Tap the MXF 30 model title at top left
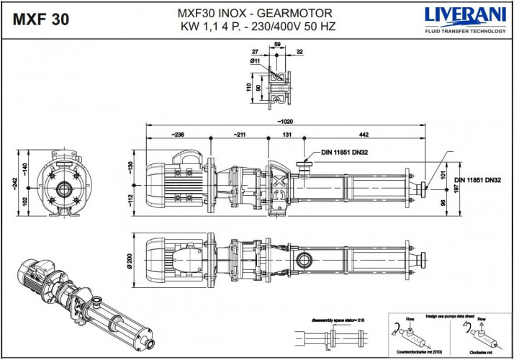42,19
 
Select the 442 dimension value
365,134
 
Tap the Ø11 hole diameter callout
255,62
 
